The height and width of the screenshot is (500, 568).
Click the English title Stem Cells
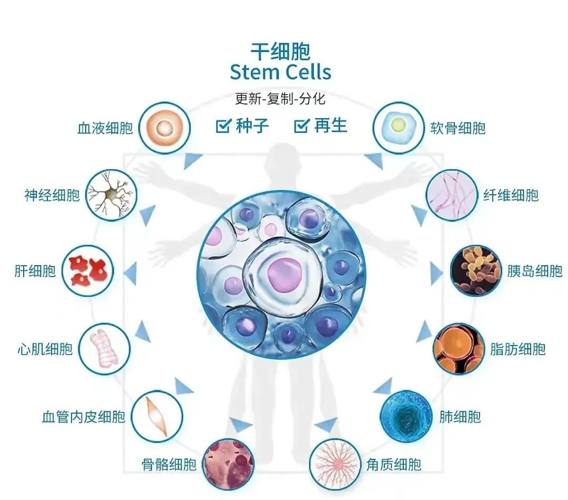click(280, 72)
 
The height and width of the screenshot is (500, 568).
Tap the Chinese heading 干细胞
click(280, 51)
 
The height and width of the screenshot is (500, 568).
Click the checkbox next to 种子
click(224, 126)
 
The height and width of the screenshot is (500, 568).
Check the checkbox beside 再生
click(301, 126)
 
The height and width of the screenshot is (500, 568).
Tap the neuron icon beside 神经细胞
click(111, 195)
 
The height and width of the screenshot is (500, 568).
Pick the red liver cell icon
click(88, 270)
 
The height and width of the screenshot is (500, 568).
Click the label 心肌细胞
click(45, 349)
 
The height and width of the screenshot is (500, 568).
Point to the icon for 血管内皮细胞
click(157, 416)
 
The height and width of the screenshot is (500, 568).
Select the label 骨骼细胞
click(169, 464)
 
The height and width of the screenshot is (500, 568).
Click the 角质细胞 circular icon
click(334, 464)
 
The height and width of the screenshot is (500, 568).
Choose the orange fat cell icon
click(459, 349)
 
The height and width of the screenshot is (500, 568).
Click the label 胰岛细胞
click(535, 272)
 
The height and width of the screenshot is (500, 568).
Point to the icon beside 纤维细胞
click(452, 195)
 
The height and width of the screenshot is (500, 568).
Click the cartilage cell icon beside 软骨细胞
click(398, 128)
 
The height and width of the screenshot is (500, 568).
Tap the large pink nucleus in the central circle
click(284, 273)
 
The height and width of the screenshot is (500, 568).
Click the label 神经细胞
click(52, 195)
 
